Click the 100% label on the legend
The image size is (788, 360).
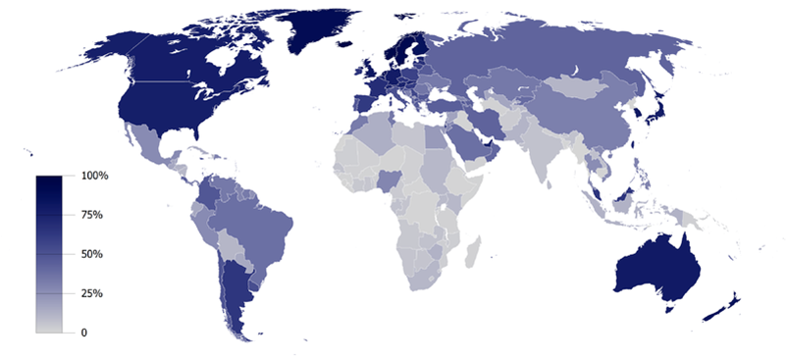(95, 176)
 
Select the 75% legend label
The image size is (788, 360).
(91, 215)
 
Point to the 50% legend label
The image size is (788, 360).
(91, 254)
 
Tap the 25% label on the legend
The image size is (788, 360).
(91, 293)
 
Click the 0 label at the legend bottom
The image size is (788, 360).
(83, 333)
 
